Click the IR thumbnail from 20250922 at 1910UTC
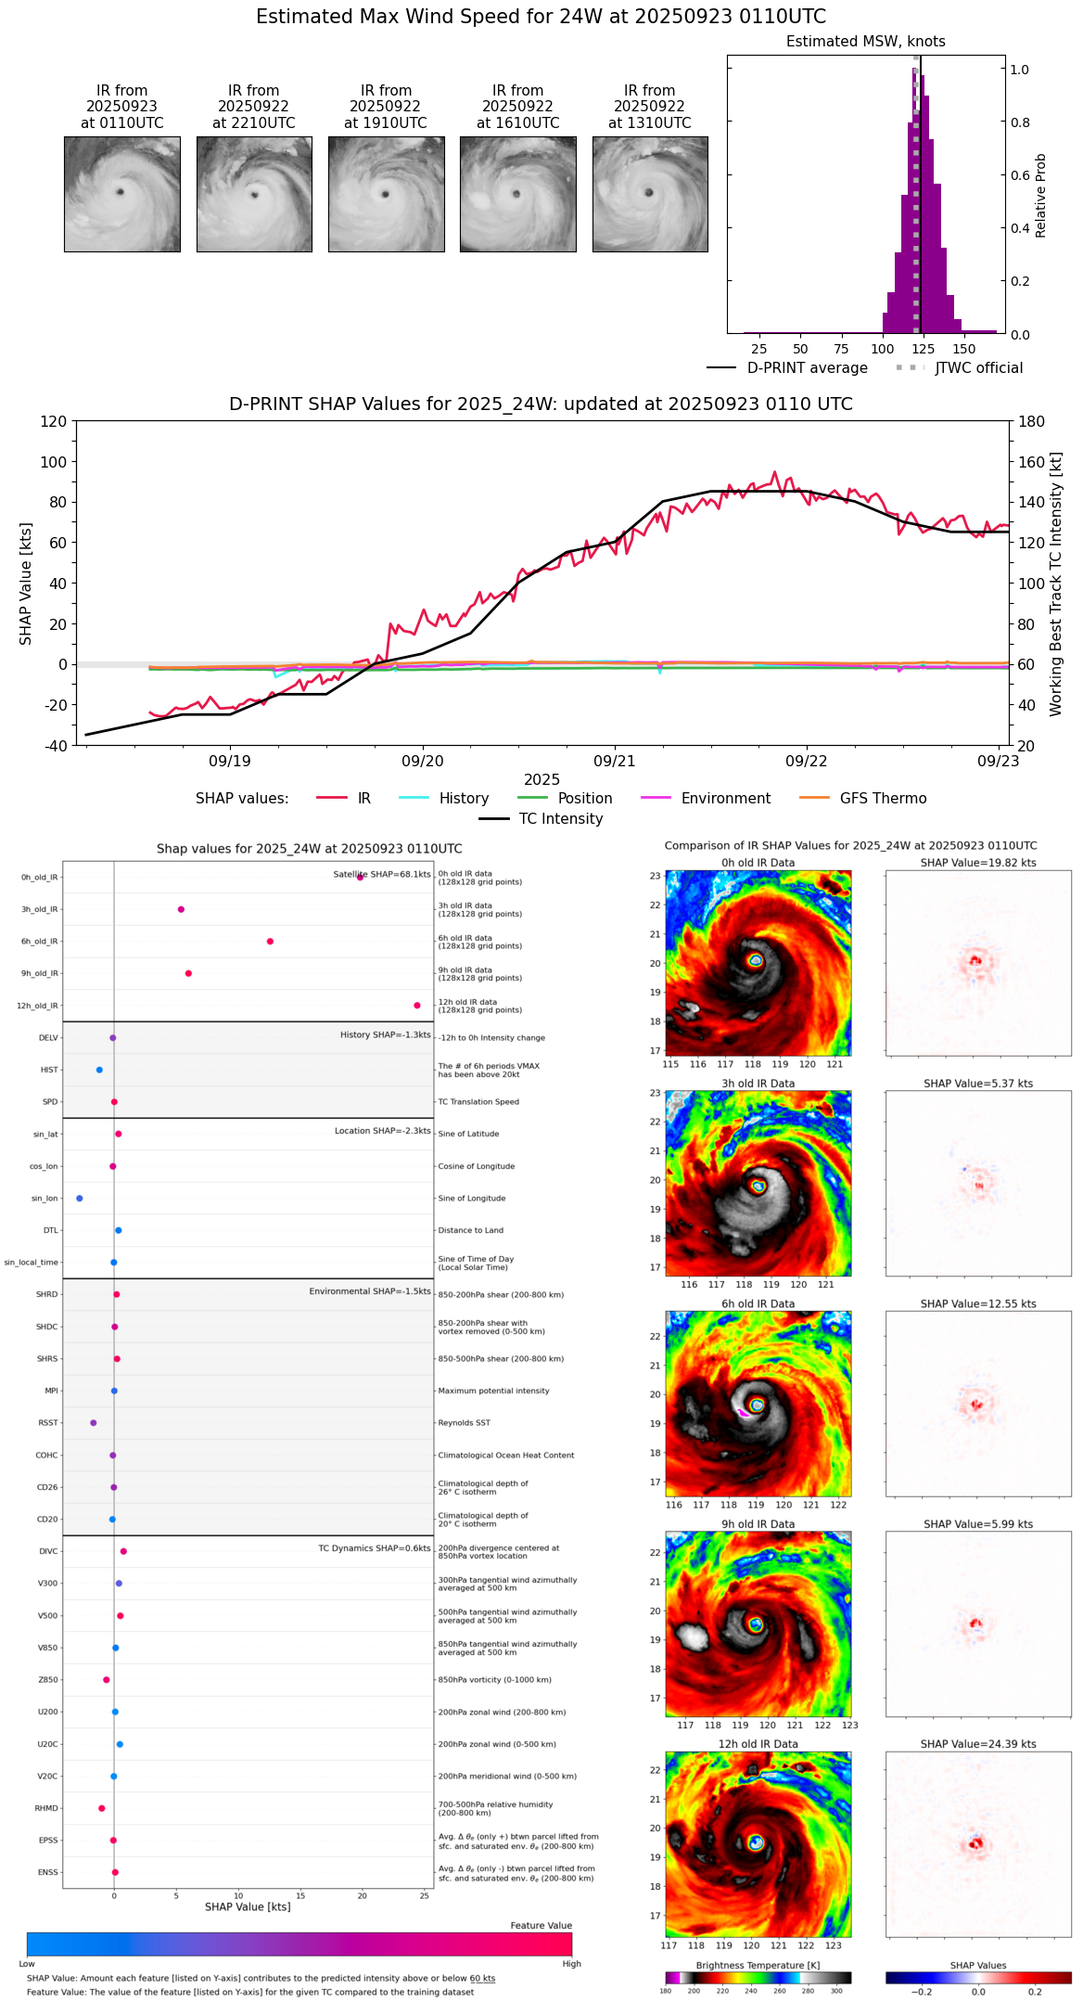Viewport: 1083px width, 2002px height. pyautogui.click(x=386, y=194)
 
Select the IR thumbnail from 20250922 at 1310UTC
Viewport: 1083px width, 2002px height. pyautogui.click(x=650, y=194)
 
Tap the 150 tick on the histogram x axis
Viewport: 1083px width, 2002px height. pyautogui.click(x=964, y=349)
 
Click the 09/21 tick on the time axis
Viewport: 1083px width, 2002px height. pyautogui.click(x=615, y=761)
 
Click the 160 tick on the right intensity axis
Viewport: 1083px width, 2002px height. pyautogui.click(x=1032, y=462)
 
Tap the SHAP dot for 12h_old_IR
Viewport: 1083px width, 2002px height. pyautogui.click(x=417, y=1006)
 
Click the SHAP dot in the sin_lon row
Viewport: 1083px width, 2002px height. pyautogui.click(x=80, y=1199)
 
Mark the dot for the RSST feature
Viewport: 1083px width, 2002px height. pyautogui.click(x=93, y=1423)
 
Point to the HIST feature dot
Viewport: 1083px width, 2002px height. pyautogui.click(x=99, y=1071)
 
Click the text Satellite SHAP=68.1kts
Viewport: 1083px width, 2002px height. pyautogui.click(x=382, y=875)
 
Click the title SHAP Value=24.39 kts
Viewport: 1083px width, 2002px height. pyautogui.click(x=978, y=1744)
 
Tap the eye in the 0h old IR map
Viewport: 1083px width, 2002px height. pyautogui.click(x=756, y=960)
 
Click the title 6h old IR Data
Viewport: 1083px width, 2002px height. pyautogui.click(x=758, y=1303)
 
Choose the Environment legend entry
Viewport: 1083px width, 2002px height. pyautogui.click(x=725, y=799)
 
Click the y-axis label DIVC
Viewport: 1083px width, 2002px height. pyautogui.click(x=48, y=1551)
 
